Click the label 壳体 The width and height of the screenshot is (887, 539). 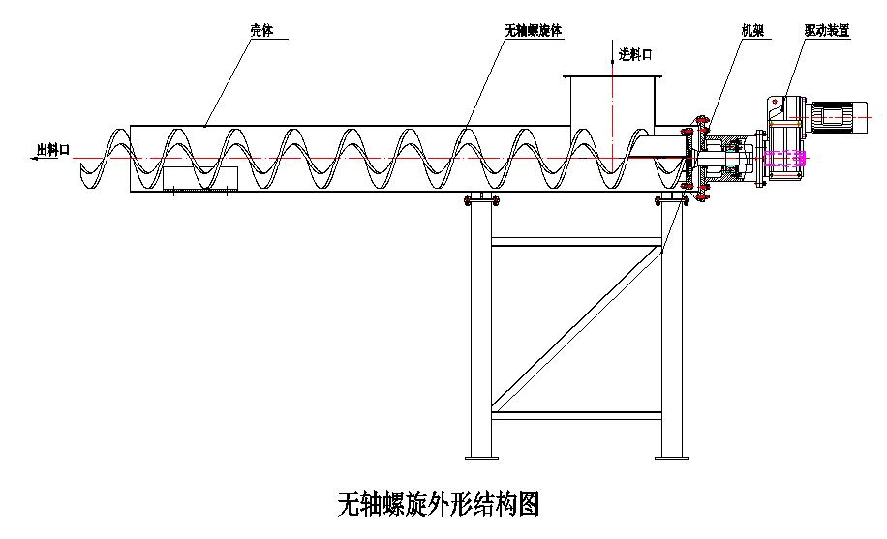coord(261,31)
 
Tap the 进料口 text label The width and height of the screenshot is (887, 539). coord(635,55)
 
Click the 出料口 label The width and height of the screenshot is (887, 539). coord(53,149)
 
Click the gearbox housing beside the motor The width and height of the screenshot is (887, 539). coord(782,121)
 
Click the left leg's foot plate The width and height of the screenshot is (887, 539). coord(480,455)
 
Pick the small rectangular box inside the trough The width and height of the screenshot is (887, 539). coord(200,178)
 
